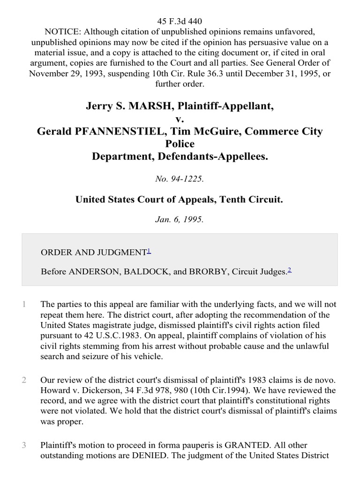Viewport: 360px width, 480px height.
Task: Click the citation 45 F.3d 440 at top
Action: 180,21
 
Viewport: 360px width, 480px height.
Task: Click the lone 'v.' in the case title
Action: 180,119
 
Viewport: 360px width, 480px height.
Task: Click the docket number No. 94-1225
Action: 180,178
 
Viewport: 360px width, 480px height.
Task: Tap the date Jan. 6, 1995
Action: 180,219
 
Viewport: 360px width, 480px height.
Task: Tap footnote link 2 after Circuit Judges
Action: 290,270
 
